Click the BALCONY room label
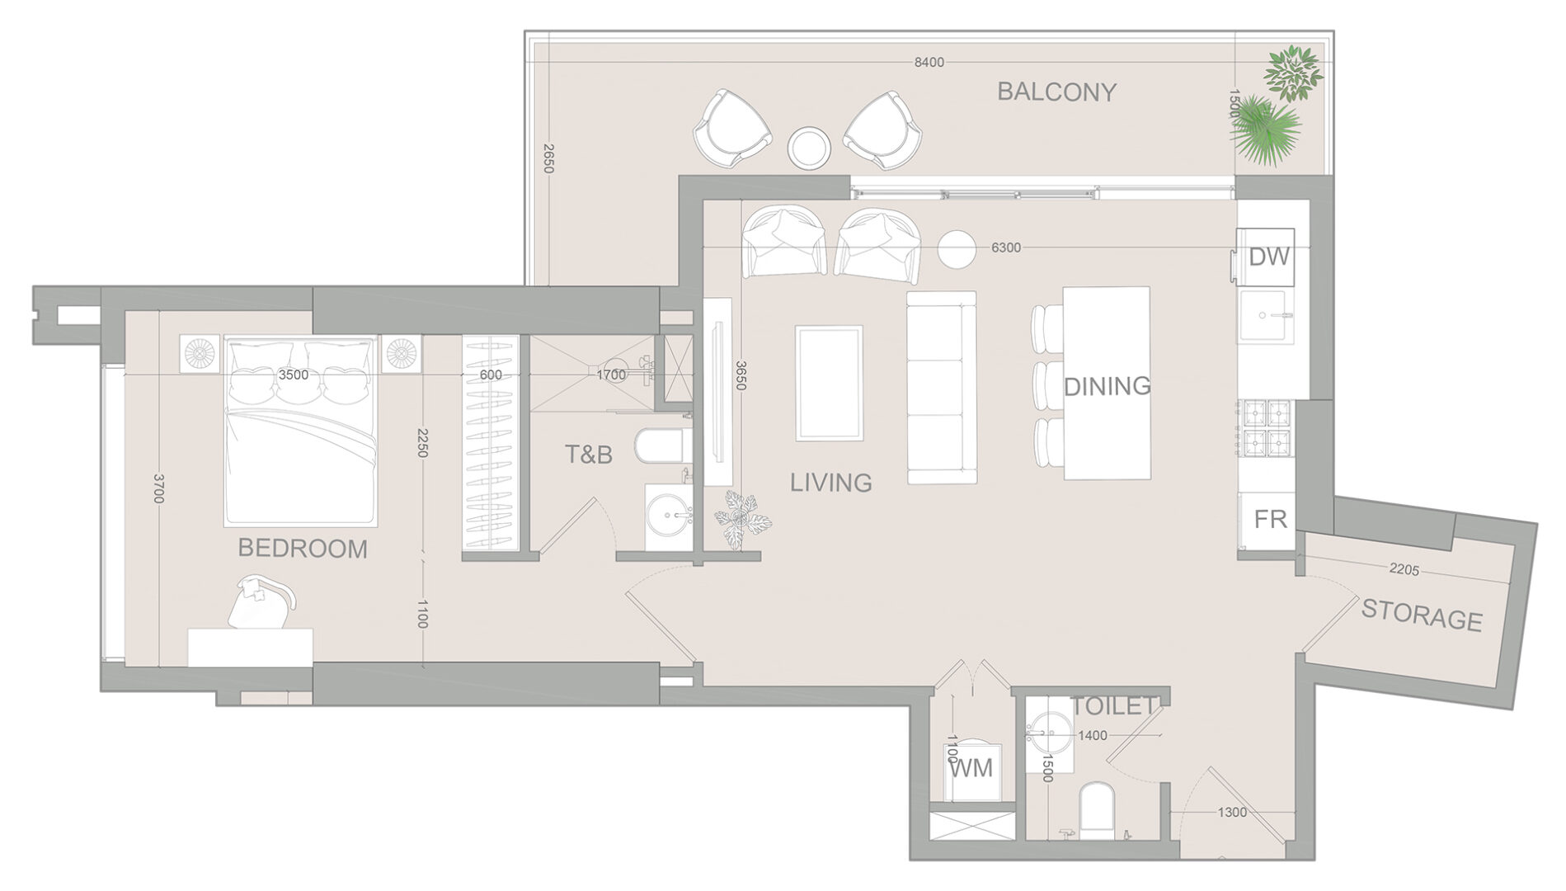click(x=1056, y=92)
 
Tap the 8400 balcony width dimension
click(x=929, y=62)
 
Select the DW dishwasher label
click(x=1268, y=257)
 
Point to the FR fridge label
click(x=1271, y=519)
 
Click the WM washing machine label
click(x=971, y=769)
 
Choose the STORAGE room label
click(x=1422, y=615)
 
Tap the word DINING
click(x=1107, y=385)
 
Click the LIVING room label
click(x=831, y=483)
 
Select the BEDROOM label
click(x=303, y=549)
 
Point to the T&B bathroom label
click(x=589, y=454)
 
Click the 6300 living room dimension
click(x=1006, y=247)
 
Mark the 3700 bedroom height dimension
click(x=159, y=488)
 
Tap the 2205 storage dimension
click(x=1404, y=569)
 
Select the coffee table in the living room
click(x=829, y=383)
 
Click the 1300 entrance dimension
click(x=1232, y=813)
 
